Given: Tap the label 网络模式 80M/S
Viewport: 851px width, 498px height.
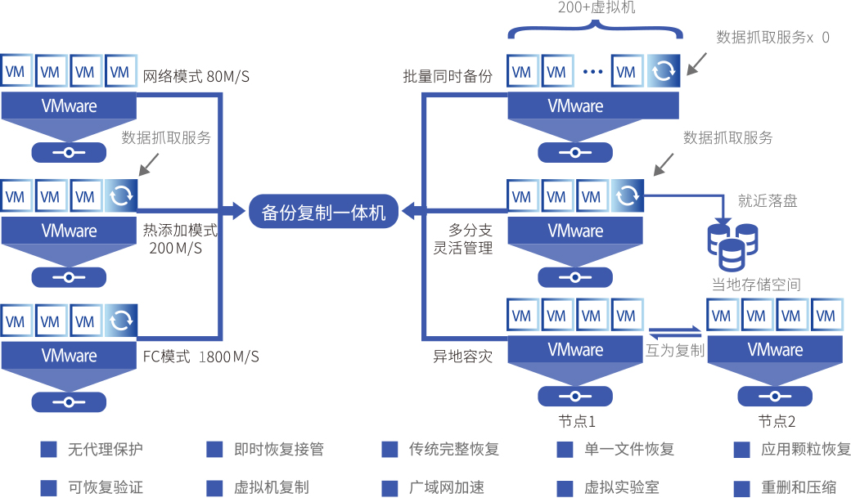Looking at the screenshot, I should pyautogui.click(x=196, y=77).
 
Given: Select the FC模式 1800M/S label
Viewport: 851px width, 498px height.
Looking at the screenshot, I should pyautogui.click(x=200, y=357).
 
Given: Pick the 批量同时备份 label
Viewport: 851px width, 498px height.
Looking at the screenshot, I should pyautogui.click(x=448, y=77).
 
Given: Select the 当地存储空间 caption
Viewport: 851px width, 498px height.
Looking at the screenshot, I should pyautogui.click(x=755, y=285).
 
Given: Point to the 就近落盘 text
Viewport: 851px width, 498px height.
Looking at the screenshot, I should pyautogui.click(x=767, y=200).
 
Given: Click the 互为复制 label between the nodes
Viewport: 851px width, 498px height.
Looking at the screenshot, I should pyautogui.click(x=675, y=350).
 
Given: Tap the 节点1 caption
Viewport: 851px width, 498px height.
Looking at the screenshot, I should pyautogui.click(x=576, y=422).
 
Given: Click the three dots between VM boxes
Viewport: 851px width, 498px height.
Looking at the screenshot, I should pyautogui.click(x=592, y=72).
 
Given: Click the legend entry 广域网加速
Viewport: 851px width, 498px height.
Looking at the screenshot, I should pyautogui.click(x=446, y=487).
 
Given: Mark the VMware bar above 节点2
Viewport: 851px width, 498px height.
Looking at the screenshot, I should pyautogui.click(x=775, y=350).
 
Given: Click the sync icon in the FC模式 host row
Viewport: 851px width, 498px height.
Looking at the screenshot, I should pyautogui.click(x=120, y=321).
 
